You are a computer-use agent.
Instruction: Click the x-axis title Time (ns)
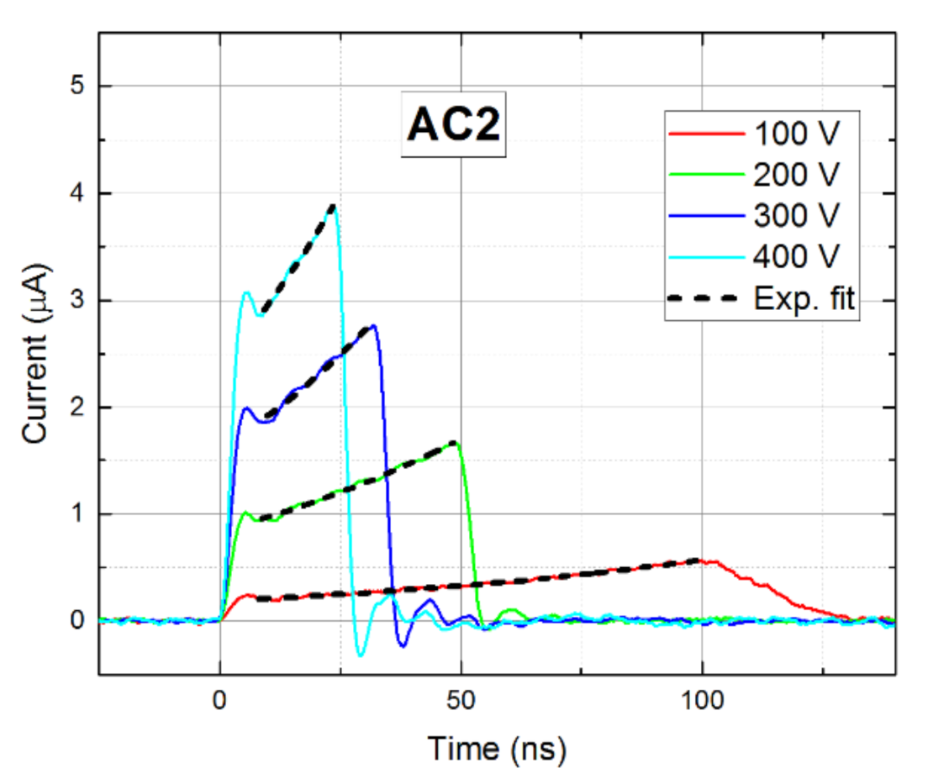[496, 747]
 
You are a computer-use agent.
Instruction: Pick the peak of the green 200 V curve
[456, 442]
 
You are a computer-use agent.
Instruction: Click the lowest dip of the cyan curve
[361, 655]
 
